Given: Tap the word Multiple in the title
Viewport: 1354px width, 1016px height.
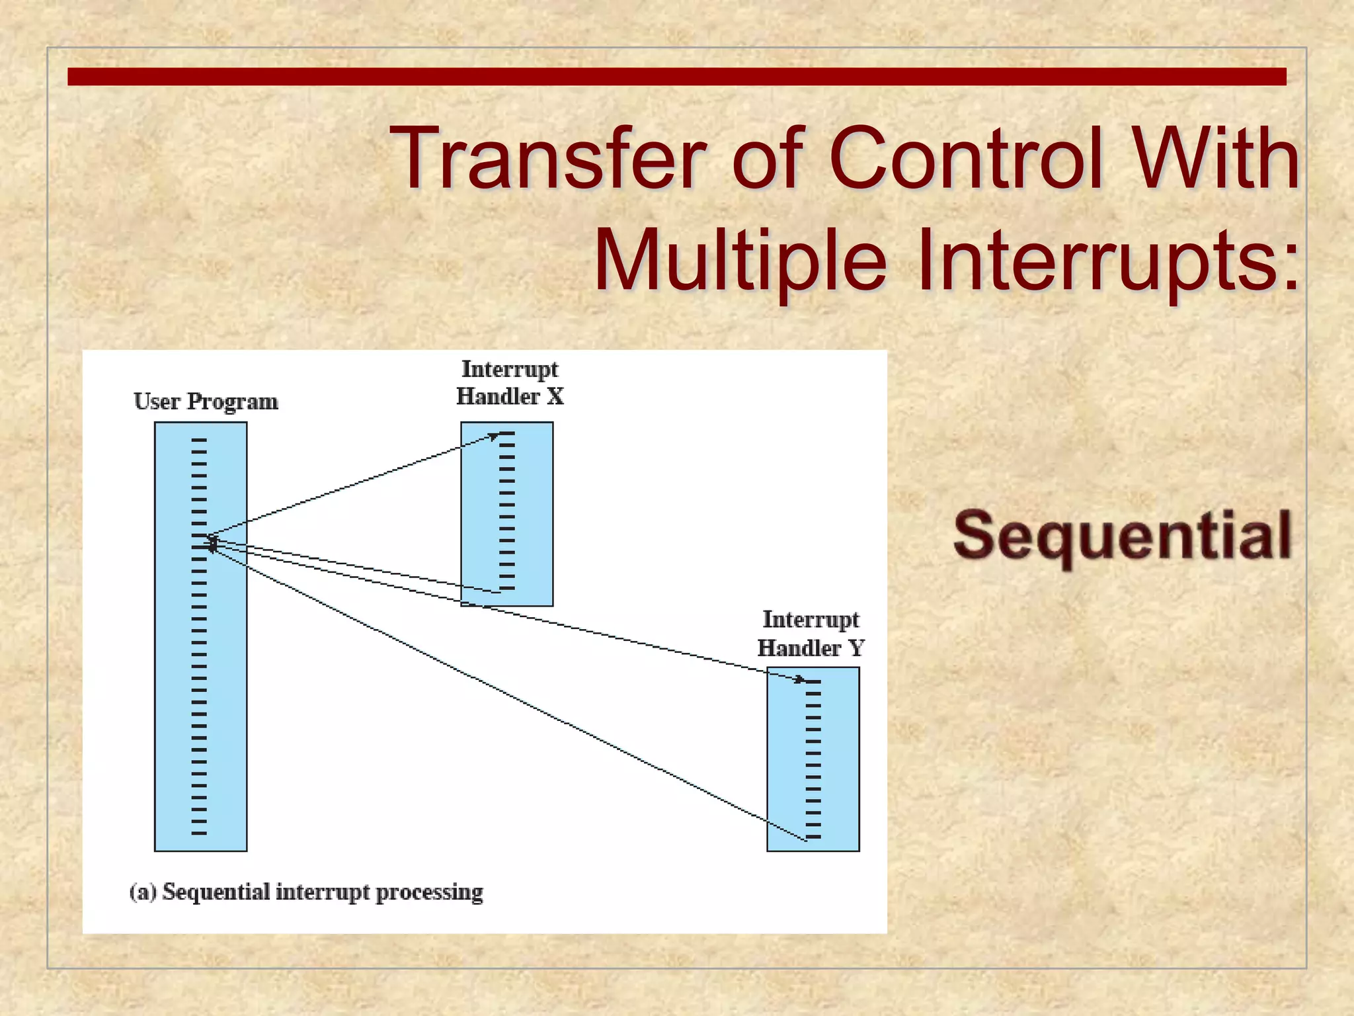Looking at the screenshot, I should point(740,259).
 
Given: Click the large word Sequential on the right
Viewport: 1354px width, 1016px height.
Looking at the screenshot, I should point(1122,536).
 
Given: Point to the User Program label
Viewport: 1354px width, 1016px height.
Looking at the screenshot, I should point(206,402).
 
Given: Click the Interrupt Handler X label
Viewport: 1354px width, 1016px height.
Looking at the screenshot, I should point(510,383).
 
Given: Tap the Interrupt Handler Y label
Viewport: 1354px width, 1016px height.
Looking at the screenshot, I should point(811,634).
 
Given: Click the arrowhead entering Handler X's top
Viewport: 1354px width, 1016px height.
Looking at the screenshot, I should point(495,435).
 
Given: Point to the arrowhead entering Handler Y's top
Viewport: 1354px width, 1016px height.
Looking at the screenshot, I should point(801,679).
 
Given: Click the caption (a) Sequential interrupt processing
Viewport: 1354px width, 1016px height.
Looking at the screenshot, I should point(306,892).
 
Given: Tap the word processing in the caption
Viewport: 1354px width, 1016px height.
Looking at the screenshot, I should point(430,893).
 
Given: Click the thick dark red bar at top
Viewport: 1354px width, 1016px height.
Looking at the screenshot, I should point(676,77).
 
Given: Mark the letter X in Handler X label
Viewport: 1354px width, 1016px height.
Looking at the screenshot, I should point(555,397).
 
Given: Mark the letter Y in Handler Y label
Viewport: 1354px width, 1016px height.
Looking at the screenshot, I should point(856,648).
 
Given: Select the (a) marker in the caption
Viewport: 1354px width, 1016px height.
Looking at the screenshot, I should point(143,892).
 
